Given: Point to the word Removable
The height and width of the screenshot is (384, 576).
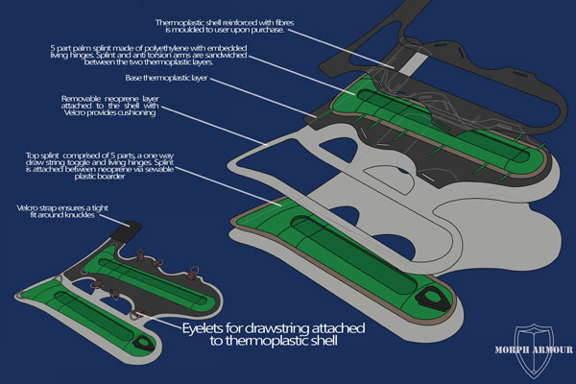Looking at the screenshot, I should [x=83, y=98].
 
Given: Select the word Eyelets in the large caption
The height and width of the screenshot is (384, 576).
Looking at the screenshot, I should [x=204, y=326].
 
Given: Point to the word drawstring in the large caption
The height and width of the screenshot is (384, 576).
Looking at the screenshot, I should [x=280, y=326].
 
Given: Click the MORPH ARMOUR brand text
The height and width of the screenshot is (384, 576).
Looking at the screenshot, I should [x=533, y=349].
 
